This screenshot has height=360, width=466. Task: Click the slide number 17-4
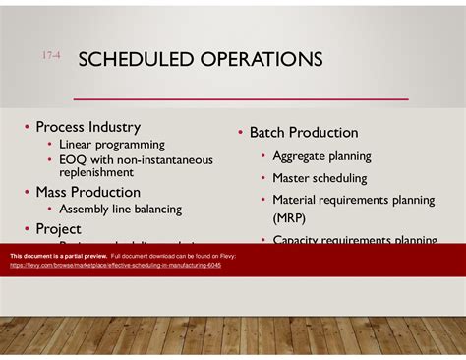pyautogui.click(x=51, y=58)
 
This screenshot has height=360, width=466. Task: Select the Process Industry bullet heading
pyautogui.click(x=87, y=127)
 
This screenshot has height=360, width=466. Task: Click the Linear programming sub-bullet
pyautogui.click(x=112, y=145)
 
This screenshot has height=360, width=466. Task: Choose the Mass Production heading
pyautogui.click(x=87, y=192)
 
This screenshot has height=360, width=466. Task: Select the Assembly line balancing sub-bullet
pyautogui.click(x=120, y=209)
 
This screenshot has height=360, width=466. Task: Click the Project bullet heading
pyautogui.click(x=58, y=228)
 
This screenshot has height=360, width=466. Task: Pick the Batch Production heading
pyautogui.click(x=303, y=133)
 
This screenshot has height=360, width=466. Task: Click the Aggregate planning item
pyautogui.click(x=321, y=155)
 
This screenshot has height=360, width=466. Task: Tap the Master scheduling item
pyautogui.click(x=320, y=178)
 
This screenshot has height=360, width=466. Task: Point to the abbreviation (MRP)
pyautogui.click(x=291, y=217)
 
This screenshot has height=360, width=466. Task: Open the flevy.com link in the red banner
pyautogui.click(x=116, y=265)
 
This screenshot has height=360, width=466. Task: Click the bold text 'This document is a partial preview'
pyautogui.click(x=50, y=255)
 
